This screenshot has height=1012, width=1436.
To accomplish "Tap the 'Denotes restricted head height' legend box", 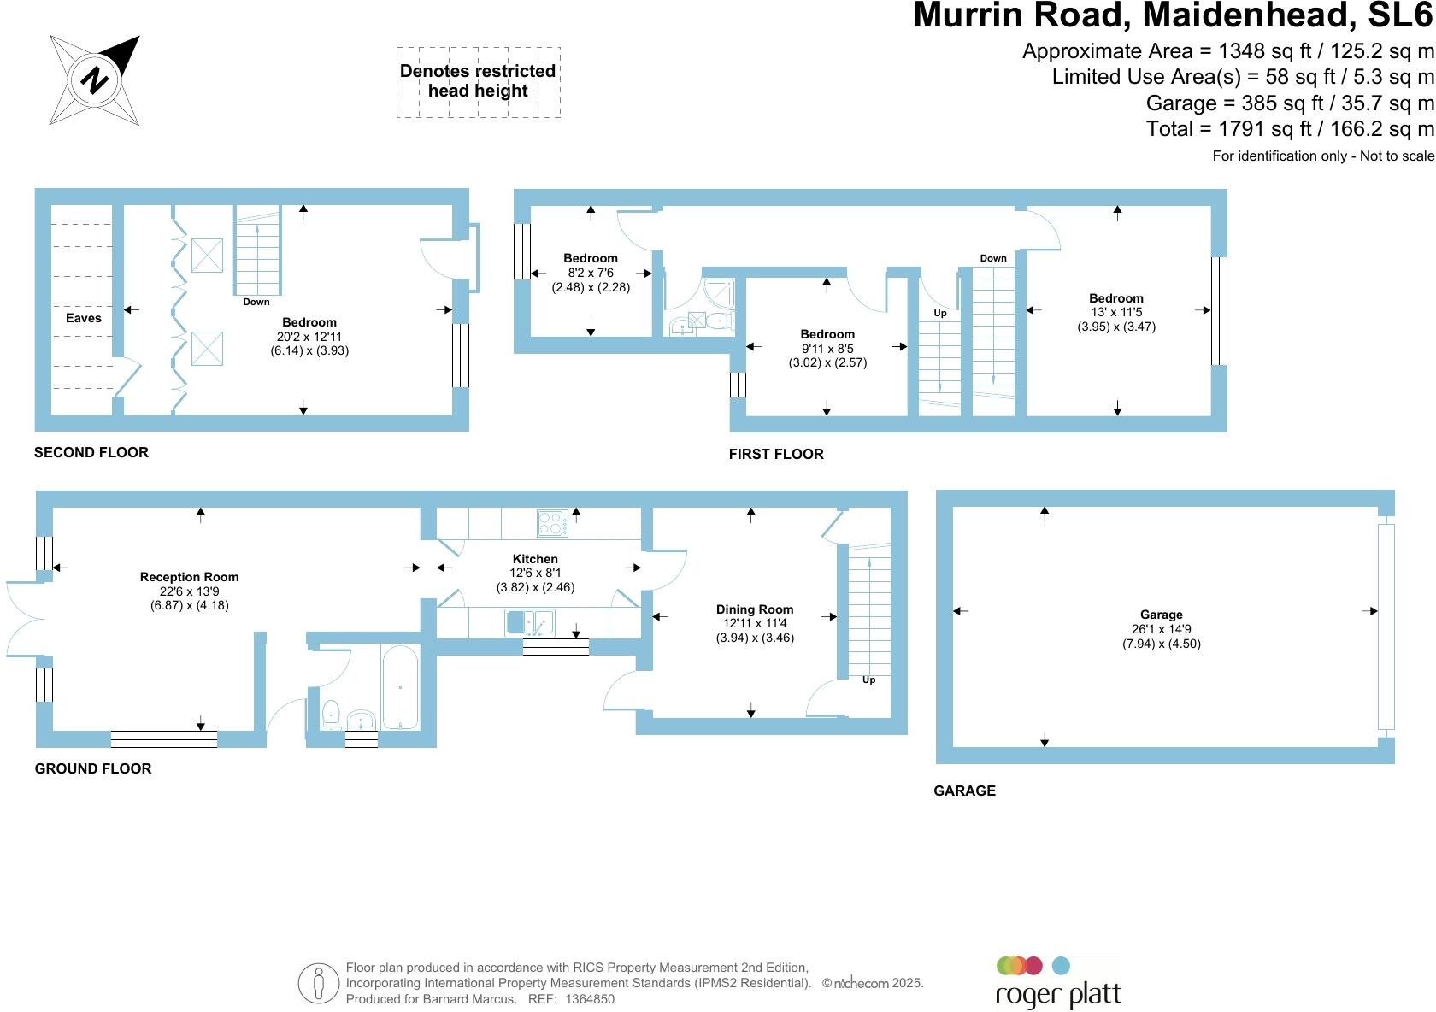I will point(478,81).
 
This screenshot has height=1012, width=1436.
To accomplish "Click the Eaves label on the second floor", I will point(84,318).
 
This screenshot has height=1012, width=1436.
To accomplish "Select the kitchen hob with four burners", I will point(551,522).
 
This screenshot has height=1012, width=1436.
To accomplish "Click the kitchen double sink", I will point(529,622).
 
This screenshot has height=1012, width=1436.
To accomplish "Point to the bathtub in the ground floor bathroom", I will point(400,687).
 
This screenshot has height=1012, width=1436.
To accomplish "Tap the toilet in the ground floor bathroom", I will point(330,714).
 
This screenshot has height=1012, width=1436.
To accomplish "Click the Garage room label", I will point(1161,615).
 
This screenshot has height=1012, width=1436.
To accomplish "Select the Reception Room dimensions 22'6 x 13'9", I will point(189,591).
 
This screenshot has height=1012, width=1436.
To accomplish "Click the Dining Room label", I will point(755,609).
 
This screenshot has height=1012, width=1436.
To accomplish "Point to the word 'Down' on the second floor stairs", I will point(256,302).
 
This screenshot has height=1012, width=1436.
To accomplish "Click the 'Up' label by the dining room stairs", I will point(868,680).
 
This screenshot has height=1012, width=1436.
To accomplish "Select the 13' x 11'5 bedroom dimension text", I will point(1116,312).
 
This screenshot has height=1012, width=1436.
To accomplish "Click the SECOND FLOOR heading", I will point(91,452).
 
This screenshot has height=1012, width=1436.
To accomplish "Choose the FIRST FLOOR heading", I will point(776,454).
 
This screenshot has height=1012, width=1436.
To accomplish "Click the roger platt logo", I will point(1057,983).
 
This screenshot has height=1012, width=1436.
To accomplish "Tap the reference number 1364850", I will point(589,998).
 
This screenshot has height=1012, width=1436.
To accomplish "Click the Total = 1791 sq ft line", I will point(1289,129).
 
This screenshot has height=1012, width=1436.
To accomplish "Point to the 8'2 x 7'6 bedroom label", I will point(591,273).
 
